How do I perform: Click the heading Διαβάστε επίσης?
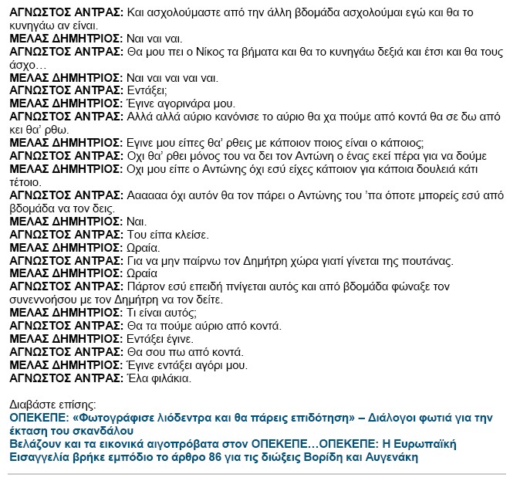[x=52, y=404]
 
